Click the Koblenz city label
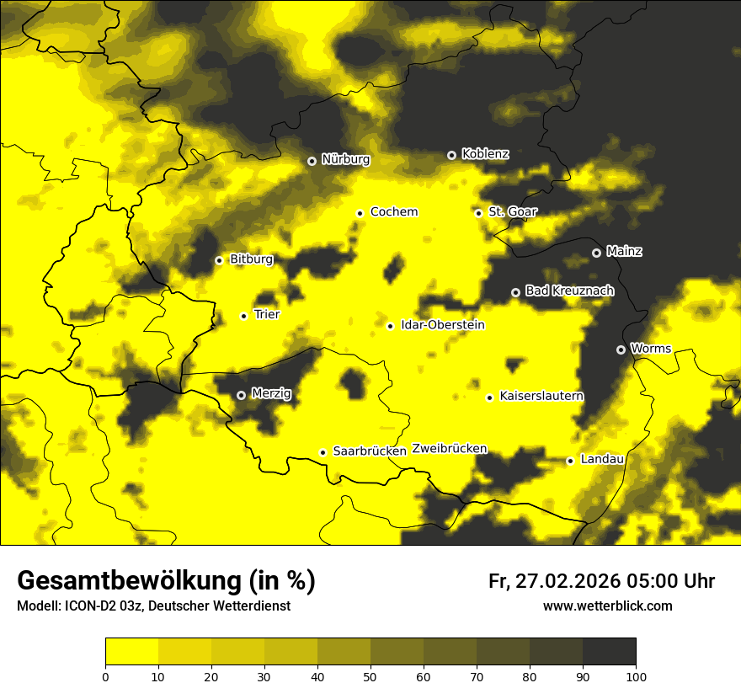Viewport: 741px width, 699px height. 485,154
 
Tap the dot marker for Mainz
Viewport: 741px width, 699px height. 596,253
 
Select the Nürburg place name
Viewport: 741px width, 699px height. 345,159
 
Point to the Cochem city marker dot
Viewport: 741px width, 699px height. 360,213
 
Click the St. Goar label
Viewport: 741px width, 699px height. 512,211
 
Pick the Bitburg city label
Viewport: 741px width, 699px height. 251,259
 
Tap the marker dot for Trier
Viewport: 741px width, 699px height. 243,316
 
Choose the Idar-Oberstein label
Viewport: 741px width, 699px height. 442,325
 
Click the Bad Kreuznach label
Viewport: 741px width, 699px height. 569,291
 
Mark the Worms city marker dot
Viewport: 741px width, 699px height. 621,349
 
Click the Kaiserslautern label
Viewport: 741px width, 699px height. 541,396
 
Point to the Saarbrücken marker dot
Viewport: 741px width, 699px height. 323,452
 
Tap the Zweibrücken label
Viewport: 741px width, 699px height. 449,448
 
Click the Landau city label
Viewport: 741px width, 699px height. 602,459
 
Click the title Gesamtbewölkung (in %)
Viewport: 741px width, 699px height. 166,581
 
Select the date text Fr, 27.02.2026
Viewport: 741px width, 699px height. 552,581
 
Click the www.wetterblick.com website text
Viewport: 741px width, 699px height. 607,606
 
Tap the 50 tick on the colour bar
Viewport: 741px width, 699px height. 370,675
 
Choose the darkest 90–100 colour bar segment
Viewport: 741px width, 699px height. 609,652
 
